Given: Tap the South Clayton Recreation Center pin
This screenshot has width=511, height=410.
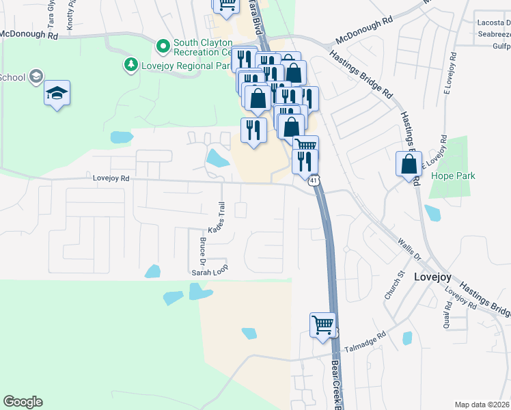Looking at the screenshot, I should pyautogui.click(x=163, y=46).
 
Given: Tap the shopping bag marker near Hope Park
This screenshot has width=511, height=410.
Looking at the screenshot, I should pyautogui.click(x=409, y=165).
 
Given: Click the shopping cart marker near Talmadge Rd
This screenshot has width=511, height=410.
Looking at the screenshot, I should pyautogui.click(x=322, y=325).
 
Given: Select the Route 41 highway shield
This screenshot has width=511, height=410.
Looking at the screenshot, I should pyautogui.click(x=312, y=181).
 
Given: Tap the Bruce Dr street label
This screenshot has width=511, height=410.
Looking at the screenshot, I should pyautogui.click(x=202, y=251).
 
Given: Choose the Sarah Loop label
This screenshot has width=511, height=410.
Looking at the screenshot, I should pyautogui.click(x=209, y=271).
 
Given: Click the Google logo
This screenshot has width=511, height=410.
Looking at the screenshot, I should pyautogui.click(x=23, y=402).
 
